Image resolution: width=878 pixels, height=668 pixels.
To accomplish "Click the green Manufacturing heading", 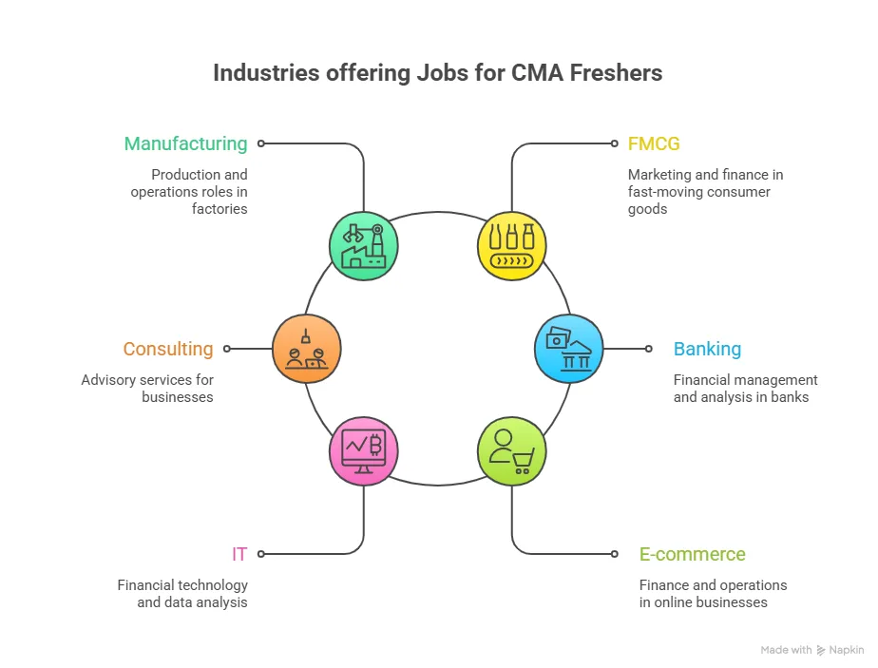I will [x=185, y=143].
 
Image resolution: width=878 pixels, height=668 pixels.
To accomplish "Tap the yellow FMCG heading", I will [x=654, y=143].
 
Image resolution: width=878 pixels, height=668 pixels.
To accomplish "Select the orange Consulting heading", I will [x=168, y=349].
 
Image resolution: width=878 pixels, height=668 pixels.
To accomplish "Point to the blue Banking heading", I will [x=707, y=349].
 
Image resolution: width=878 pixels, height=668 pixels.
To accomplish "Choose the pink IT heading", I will [x=239, y=554].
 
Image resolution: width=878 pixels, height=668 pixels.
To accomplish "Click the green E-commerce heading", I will [x=692, y=554].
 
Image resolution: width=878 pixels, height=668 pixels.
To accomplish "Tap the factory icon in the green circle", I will [x=364, y=246].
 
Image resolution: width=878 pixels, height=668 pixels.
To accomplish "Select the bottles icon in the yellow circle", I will [x=511, y=246].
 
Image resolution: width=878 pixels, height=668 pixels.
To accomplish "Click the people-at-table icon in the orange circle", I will [x=306, y=349].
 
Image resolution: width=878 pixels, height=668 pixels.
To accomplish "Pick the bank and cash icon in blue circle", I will [x=569, y=349].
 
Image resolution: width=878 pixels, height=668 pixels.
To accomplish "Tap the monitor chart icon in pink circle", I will [x=364, y=450].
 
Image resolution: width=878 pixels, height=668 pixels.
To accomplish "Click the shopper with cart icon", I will [x=511, y=450].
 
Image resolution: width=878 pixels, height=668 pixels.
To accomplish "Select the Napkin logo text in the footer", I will [x=846, y=650].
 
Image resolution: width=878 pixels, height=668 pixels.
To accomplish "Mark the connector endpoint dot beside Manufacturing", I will [x=261, y=143].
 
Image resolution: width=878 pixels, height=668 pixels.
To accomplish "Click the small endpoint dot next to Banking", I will [x=649, y=349].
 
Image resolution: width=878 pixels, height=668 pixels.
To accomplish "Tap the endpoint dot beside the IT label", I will [x=261, y=553].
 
